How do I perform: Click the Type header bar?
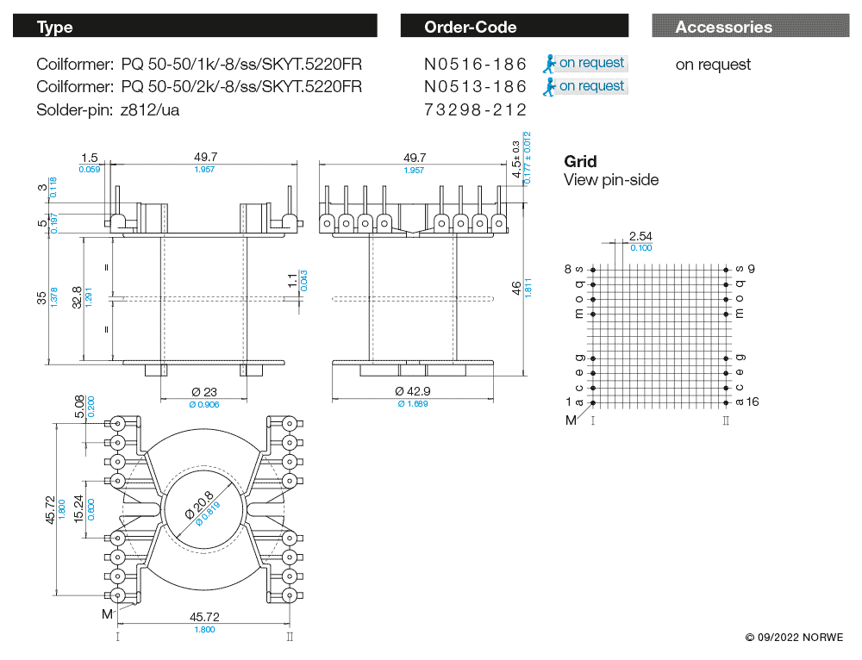pos(195,27)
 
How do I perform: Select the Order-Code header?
pos(514,27)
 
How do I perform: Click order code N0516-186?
pos(475,64)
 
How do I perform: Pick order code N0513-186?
pos(475,86)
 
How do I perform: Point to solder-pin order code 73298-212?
pos(475,109)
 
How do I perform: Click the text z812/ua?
pos(150,109)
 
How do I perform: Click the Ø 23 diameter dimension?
pos(204,392)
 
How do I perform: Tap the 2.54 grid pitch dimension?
pos(640,236)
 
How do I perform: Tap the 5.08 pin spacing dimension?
pos(79,406)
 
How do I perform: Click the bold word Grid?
pos(580,161)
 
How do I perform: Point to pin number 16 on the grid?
pos(753,402)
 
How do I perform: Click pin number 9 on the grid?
pos(752,269)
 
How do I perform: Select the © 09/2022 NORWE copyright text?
pos(794,638)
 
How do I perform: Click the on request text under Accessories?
pos(713,65)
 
